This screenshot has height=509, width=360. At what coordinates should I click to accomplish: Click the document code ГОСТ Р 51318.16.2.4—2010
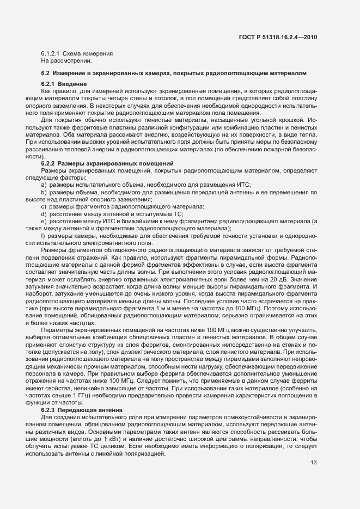277,37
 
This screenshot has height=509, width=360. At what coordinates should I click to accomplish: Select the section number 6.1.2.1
50,53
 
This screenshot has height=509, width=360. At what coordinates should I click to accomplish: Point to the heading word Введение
72,83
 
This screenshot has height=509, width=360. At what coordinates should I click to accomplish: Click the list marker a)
44,185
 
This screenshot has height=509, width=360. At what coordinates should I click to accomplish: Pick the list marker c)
44,206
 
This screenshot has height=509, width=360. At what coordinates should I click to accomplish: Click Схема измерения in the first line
87,53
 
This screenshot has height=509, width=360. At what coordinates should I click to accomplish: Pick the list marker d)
44,213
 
